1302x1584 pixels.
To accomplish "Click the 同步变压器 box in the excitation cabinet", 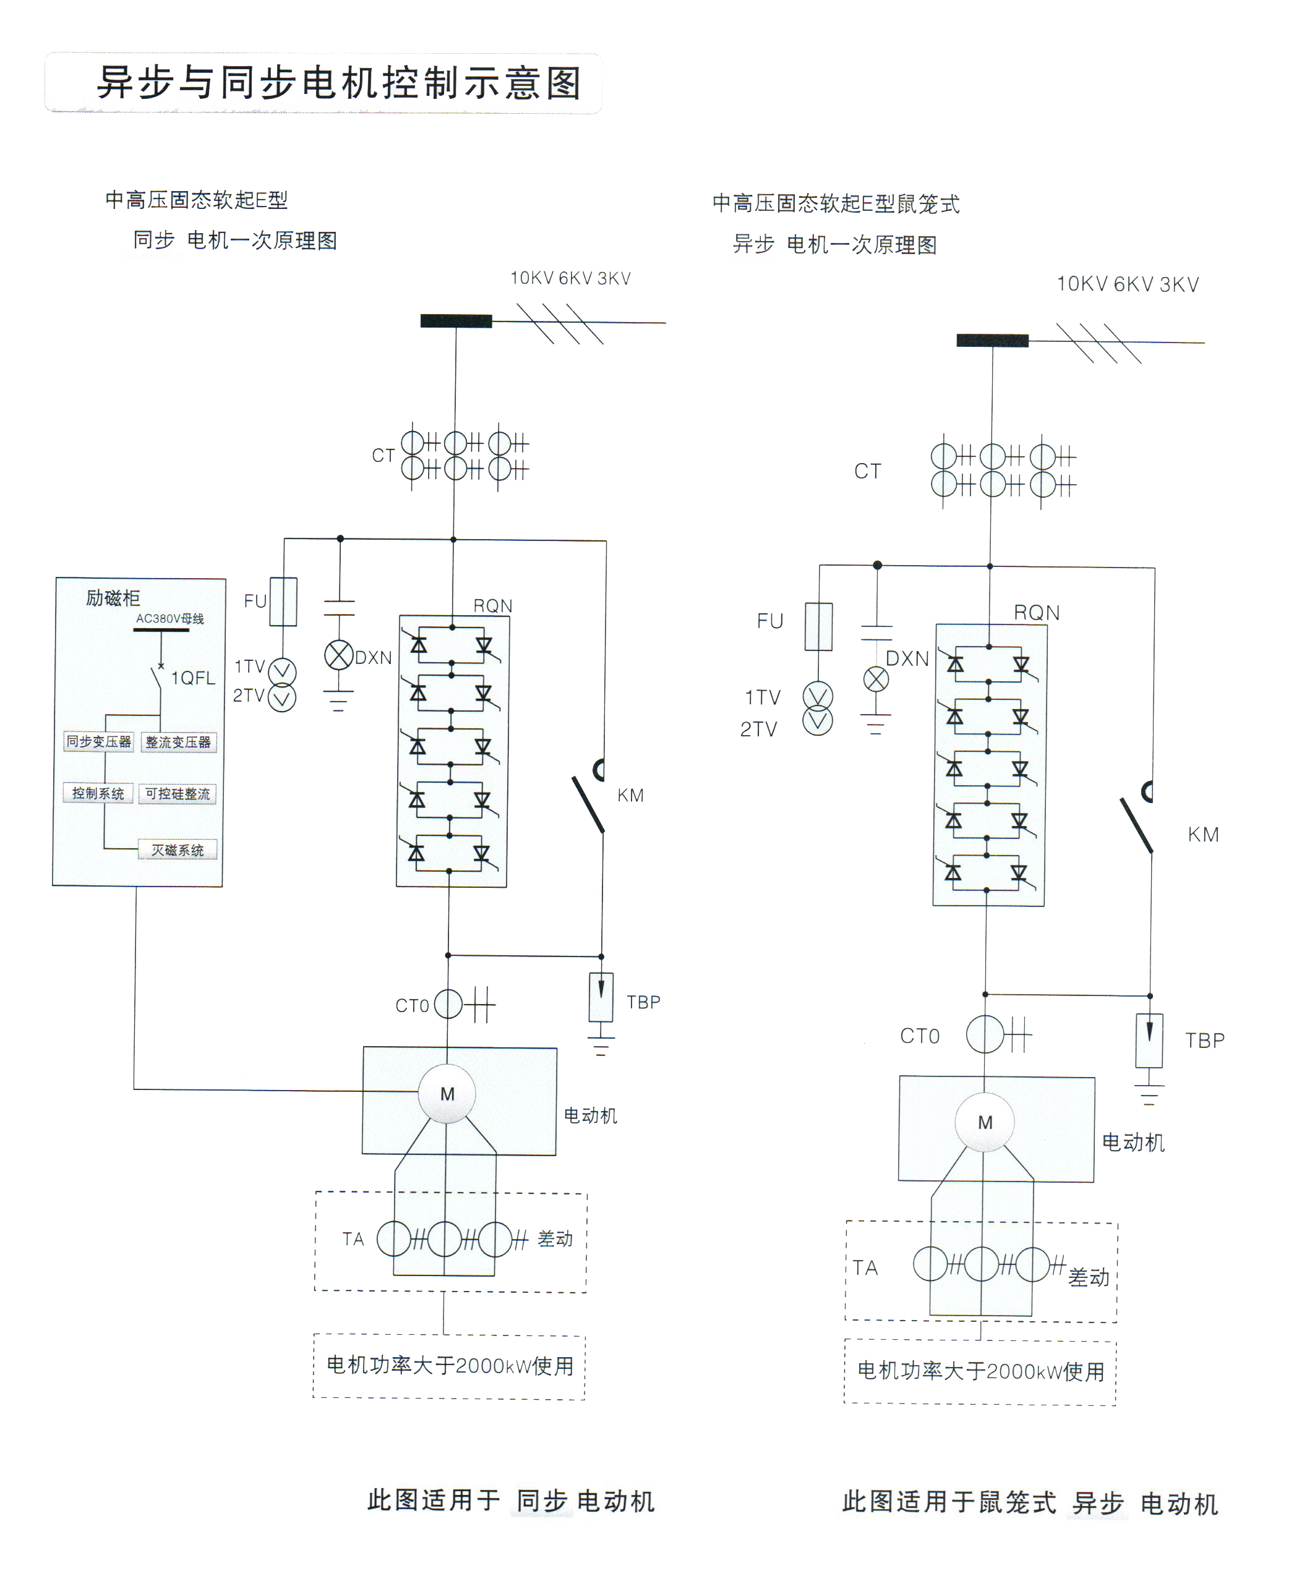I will pyautogui.click(x=98, y=741).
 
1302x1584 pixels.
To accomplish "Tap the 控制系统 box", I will pyautogui.click(x=98, y=793).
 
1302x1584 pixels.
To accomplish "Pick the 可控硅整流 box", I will pyautogui.click(x=178, y=794).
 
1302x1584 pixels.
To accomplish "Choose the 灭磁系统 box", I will pyautogui.click(x=178, y=849).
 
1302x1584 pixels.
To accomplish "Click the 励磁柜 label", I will pyautogui.click(x=113, y=597).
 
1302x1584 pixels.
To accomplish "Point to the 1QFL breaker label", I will pyautogui.click(x=193, y=678).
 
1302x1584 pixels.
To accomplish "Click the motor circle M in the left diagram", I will pyautogui.click(x=447, y=1094).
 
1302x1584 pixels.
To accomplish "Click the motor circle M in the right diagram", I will pyautogui.click(x=985, y=1122).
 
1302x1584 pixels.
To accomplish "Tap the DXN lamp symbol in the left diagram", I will pyautogui.click(x=338, y=655).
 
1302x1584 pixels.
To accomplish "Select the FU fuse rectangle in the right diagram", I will pyautogui.click(x=818, y=626).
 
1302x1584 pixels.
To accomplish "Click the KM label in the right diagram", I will pyautogui.click(x=1203, y=835).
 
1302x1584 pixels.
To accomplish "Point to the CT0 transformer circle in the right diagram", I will pyautogui.click(x=985, y=1034).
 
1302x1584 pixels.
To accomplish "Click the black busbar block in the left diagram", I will pyautogui.click(x=456, y=321).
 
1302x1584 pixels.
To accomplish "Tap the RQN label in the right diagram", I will pyautogui.click(x=1037, y=613).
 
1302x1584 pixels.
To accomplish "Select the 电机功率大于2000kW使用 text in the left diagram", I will pyautogui.click(x=450, y=1366).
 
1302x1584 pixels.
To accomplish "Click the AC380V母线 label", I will pyautogui.click(x=169, y=618).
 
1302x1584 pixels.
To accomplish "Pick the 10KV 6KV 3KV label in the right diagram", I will pyautogui.click(x=1127, y=284).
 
